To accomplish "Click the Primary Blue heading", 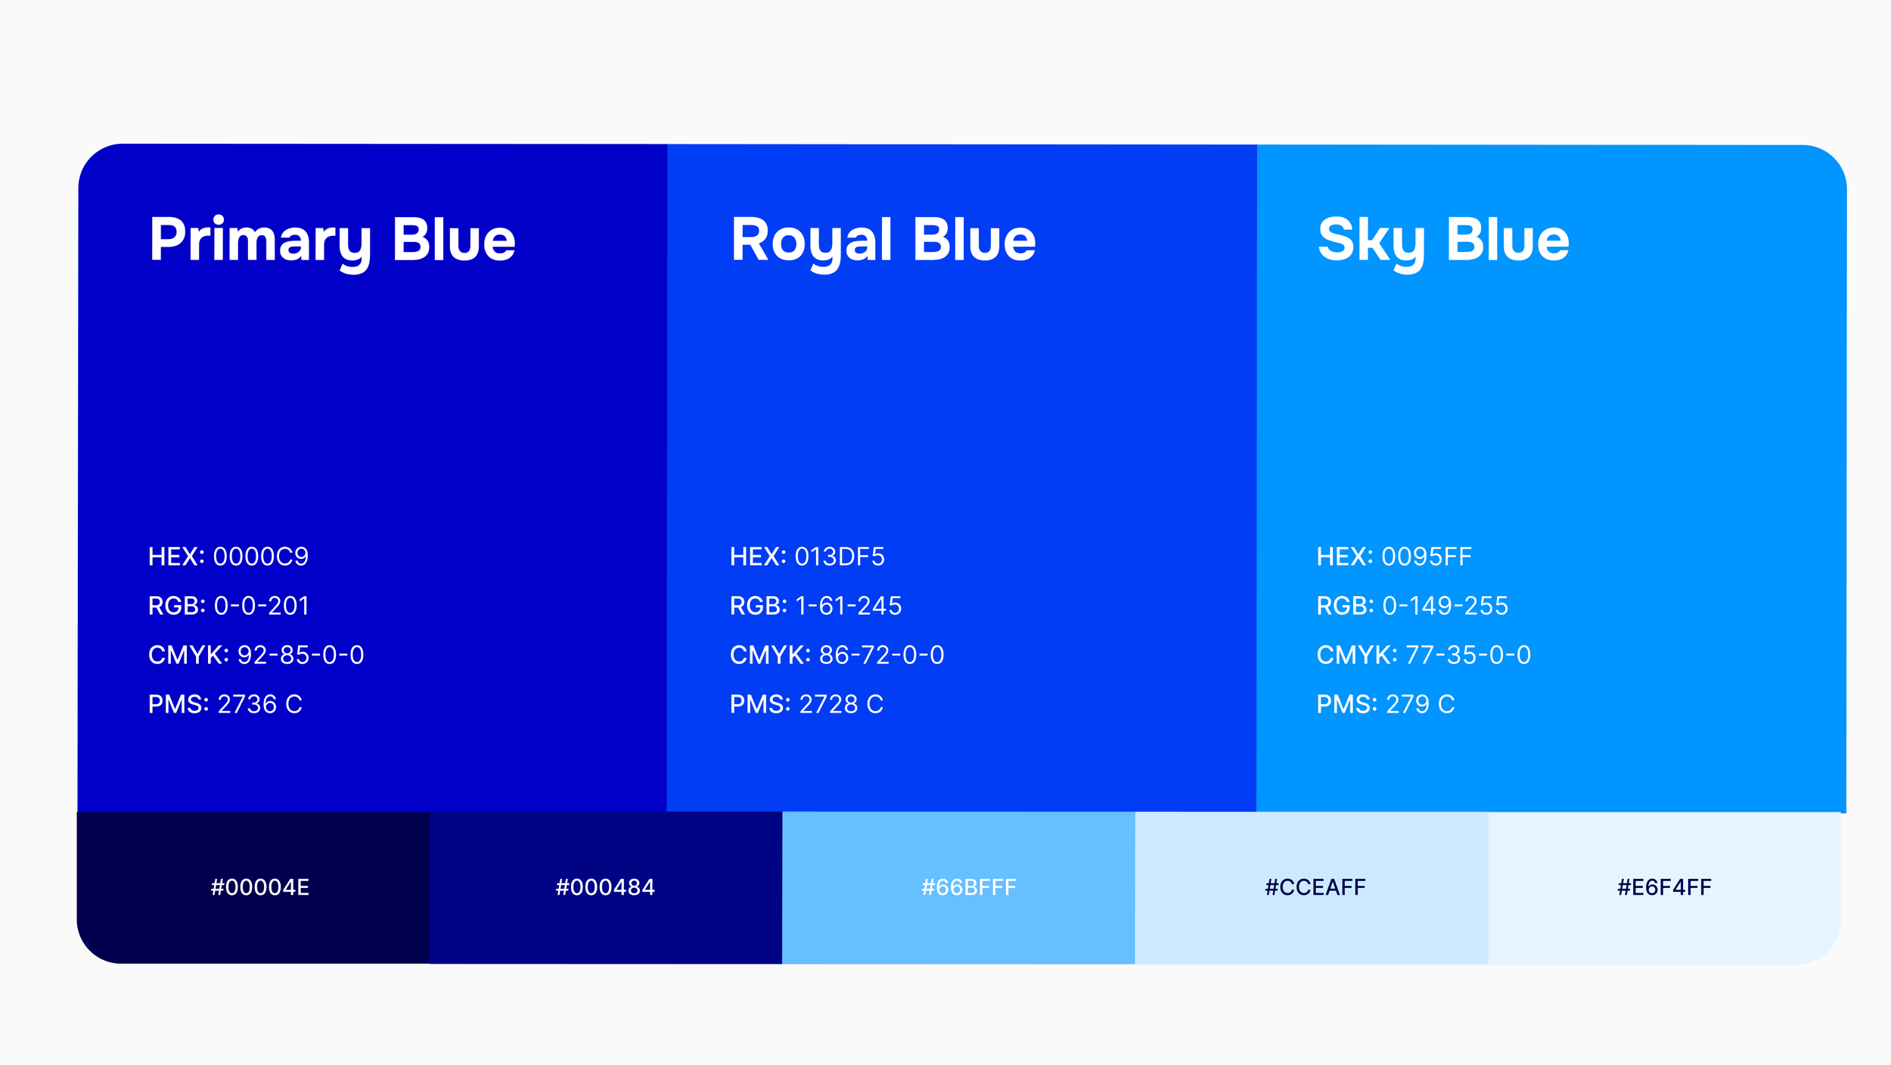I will coord(332,241).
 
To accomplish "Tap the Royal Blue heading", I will coord(883,241).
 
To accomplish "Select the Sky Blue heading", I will coord(1443,241).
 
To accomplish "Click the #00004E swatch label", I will coord(260,887).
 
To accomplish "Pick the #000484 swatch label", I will coord(605,887).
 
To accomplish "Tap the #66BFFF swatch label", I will coord(968,887).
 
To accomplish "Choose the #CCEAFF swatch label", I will coord(1315,887).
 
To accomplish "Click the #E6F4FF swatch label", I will coord(1664,887).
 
